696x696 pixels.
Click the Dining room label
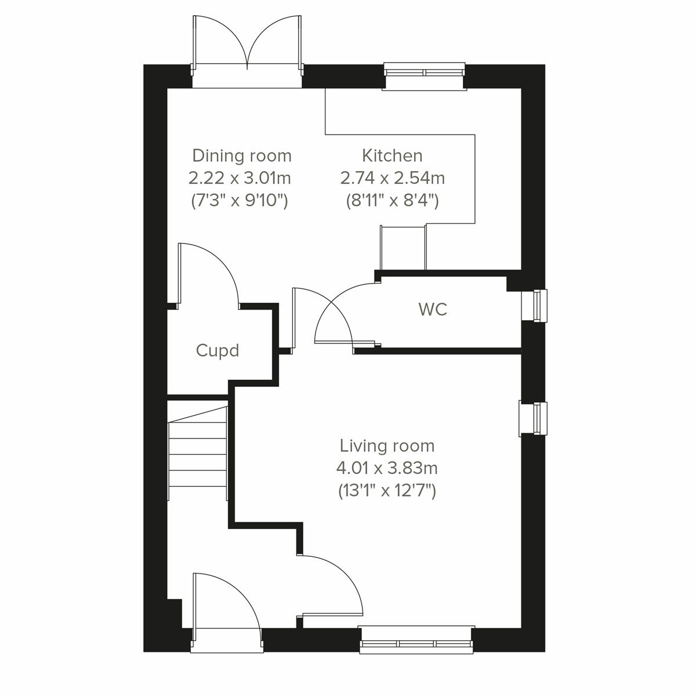click(241, 156)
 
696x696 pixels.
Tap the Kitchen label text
click(392, 155)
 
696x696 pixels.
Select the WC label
click(433, 310)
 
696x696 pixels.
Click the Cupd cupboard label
click(217, 351)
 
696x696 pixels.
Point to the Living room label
click(387, 446)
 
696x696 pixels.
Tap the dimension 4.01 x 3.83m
click(387, 468)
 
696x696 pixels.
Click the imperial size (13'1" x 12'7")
click(387, 491)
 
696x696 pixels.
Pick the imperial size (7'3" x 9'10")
click(240, 201)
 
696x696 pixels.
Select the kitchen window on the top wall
click(424, 73)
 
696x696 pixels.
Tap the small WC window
click(535, 304)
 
